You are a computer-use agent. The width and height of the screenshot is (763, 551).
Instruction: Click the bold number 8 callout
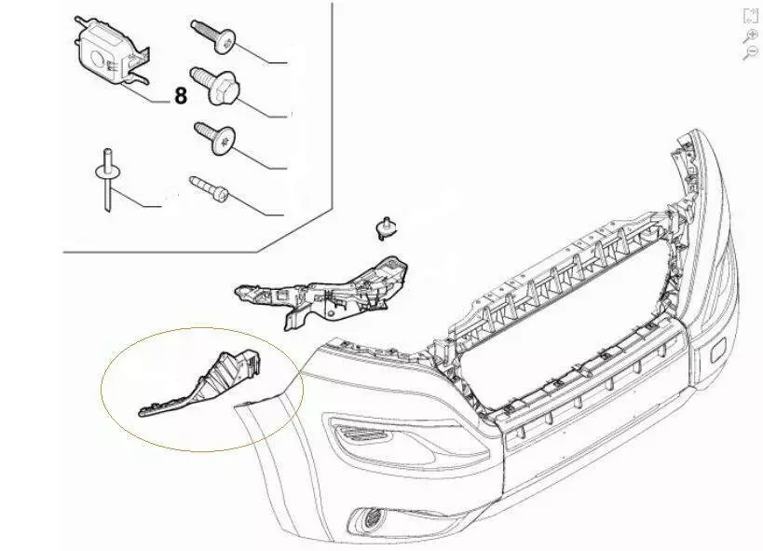point(181,95)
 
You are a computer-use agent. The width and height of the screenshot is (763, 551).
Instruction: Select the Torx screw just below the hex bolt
point(215,138)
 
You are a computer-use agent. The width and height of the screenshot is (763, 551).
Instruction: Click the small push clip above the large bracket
point(386,228)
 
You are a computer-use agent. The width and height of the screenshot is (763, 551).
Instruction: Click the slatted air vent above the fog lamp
point(361,432)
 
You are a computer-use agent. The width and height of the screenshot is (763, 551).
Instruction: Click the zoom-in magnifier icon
point(751,36)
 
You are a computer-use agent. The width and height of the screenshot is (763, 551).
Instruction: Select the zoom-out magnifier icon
point(751,52)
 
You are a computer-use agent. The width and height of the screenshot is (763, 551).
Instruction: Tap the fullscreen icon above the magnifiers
point(751,16)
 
